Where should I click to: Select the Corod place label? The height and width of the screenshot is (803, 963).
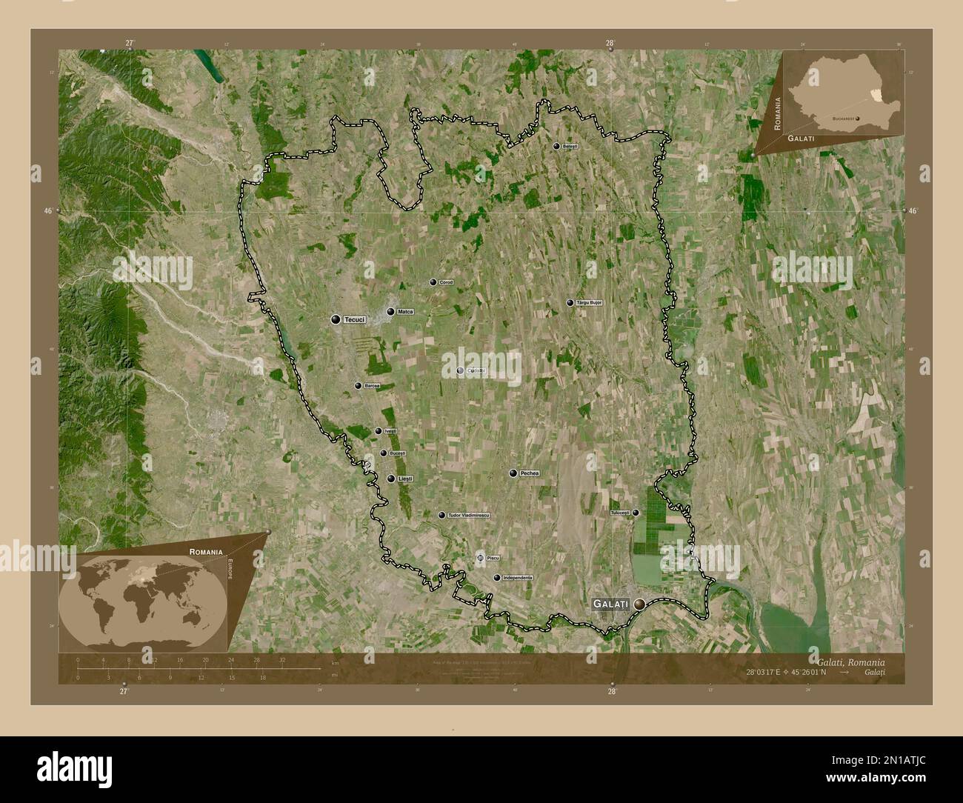click(x=446, y=282)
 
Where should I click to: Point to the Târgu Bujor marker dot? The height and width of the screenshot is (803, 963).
click(x=570, y=303)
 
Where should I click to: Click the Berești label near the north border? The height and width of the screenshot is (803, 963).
click(x=569, y=147)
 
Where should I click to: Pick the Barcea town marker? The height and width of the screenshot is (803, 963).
click(x=359, y=386)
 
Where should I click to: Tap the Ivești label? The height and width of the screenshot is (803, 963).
click(x=390, y=431)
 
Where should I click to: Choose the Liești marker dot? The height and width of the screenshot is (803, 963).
click(x=390, y=479)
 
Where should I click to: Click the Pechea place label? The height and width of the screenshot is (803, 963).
click(x=530, y=473)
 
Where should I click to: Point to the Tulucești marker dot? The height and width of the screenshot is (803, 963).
click(x=636, y=512)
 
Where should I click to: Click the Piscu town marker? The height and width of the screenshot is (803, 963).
click(x=480, y=557)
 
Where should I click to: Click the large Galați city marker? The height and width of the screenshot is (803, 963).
click(x=639, y=604)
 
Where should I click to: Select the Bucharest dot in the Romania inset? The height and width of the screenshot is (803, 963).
click(x=858, y=118)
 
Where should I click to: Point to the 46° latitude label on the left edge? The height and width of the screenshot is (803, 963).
click(x=48, y=211)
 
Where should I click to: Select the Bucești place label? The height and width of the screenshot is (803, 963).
click(x=397, y=453)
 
